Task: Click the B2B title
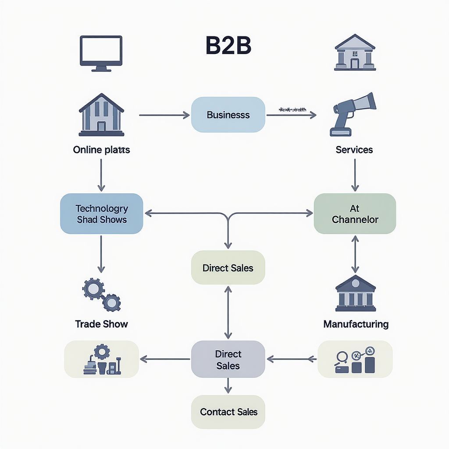(228, 46)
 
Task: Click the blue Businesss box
(228, 115)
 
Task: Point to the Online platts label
(101, 150)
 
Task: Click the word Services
(354, 150)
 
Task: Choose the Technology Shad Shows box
(101, 214)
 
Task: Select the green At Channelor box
(355, 214)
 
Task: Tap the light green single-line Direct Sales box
(228, 268)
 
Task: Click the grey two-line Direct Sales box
(228, 360)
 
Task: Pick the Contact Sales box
(228, 412)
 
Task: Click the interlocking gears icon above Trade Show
(101, 295)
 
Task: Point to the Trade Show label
(101, 324)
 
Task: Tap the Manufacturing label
(356, 324)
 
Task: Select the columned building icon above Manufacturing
(355, 293)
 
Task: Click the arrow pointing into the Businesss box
(164, 115)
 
